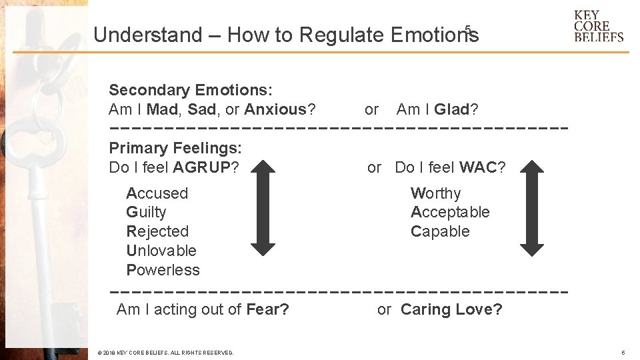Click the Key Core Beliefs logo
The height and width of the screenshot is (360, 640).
click(x=598, y=26)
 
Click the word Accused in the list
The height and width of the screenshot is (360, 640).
click(x=157, y=193)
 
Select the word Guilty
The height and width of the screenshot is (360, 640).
click(x=146, y=213)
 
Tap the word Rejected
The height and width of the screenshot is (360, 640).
click(x=157, y=232)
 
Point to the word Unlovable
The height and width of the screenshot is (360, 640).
click(x=161, y=251)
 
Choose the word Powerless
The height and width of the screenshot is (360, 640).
click(x=163, y=270)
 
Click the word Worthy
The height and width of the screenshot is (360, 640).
click(x=435, y=193)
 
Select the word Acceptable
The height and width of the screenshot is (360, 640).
click(x=450, y=213)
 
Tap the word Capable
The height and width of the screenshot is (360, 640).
click(x=440, y=232)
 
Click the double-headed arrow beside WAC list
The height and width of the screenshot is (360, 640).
click(x=532, y=207)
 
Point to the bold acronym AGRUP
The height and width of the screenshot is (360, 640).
click(x=201, y=167)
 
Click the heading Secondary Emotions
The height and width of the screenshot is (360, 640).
click(x=191, y=90)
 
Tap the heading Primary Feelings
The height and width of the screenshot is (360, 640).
click(x=175, y=148)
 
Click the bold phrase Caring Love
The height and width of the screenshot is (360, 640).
click(x=451, y=309)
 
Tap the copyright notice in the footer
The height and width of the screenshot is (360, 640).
click(x=165, y=353)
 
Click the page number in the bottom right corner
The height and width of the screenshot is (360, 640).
click(x=623, y=353)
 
